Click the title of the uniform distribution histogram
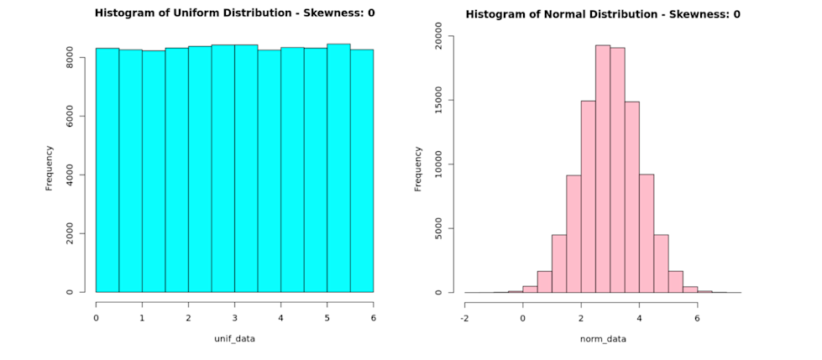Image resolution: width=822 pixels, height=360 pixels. click(234, 13)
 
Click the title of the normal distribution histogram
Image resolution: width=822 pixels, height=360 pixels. click(603, 15)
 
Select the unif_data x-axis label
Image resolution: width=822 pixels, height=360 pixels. click(234, 338)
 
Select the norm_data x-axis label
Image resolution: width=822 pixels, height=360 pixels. click(603, 338)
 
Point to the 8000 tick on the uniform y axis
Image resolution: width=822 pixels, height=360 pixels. click(77, 58)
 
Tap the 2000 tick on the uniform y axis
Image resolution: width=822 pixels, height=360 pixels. click(77, 233)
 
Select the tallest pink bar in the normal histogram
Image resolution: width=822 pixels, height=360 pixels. click(603, 168)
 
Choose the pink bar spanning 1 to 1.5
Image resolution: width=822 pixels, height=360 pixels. click(559, 263)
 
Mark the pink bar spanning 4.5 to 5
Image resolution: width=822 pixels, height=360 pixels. click(662, 263)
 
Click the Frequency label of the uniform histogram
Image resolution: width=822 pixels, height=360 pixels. click(50, 168)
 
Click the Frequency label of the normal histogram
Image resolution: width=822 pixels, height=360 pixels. click(418, 168)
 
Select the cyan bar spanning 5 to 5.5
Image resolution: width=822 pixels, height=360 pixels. click(338, 168)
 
